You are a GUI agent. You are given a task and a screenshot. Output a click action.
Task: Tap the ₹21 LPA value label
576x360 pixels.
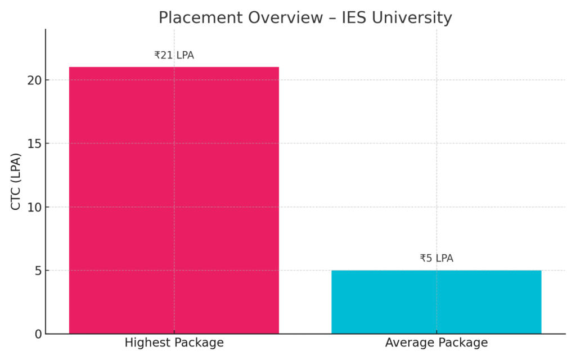tap(174, 55)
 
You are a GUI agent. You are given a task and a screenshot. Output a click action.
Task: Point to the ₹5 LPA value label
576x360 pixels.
tap(436, 258)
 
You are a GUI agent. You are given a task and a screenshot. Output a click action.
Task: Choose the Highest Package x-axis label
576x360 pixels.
tap(174, 343)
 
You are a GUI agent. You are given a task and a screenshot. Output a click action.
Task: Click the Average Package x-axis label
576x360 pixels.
tap(436, 343)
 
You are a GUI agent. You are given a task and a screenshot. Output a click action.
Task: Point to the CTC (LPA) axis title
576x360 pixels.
tap(16, 182)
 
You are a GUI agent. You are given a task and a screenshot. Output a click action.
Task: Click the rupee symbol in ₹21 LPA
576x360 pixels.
tap(157, 55)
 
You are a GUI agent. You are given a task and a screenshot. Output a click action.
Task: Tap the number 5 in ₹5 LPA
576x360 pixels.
tap(429, 258)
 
